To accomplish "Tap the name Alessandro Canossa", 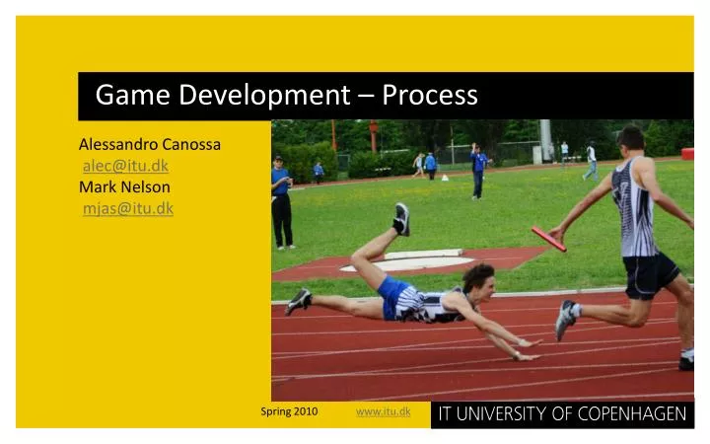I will click(149, 144).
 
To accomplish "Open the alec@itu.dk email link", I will click(125, 166).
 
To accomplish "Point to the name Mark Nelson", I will click(124, 186).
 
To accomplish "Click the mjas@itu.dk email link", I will click(128, 207).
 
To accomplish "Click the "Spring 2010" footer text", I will click(289, 411).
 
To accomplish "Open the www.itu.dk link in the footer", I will click(383, 411).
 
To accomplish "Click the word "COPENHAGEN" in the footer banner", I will click(631, 413).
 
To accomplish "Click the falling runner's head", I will click(478, 277).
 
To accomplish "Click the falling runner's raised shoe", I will click(401, 217).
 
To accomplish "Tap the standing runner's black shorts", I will click(651, 274).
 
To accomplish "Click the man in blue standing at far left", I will click(282, 201).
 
